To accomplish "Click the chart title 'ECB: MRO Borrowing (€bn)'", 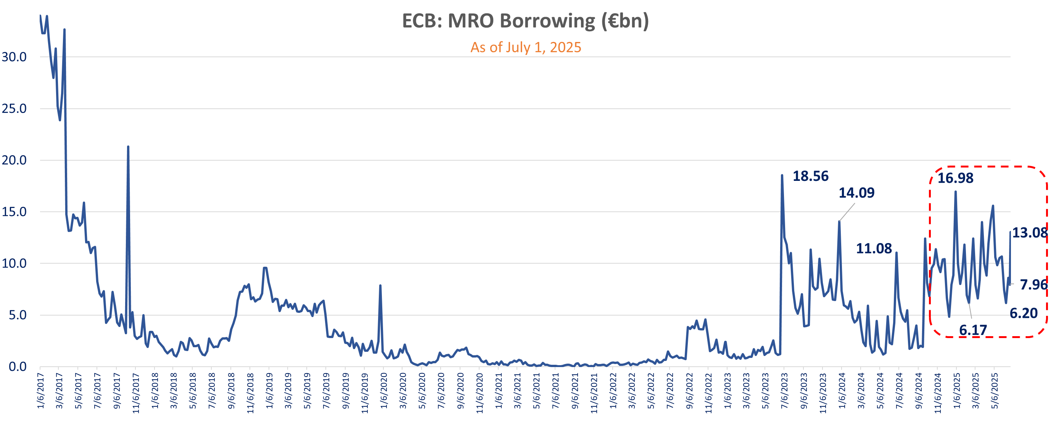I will click(x=525, y=21).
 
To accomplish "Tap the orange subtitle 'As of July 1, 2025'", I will click(x=526, y=47).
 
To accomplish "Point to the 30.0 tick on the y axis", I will click(x=14, y=57).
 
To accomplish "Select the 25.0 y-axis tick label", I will click(x=14, y=108).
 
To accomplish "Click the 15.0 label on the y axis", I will click(x=14, y=212).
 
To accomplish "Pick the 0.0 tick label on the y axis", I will click(x=18, y=367).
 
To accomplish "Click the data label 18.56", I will click(x=810, y=176).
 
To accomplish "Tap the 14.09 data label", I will click(x=856, y=193).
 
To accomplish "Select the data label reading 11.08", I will click(x=874, y=248).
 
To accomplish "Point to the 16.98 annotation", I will click(x=955, y=178).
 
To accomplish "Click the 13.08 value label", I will click(x=1030, y=232).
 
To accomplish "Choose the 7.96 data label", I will click(x=1033, y=284).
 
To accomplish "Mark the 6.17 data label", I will click(x=973, y=330).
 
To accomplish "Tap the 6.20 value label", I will click(x=1023, y=313).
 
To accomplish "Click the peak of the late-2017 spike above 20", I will click(x=128, y=147).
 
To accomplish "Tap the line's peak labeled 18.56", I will click(x=782, y=176).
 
